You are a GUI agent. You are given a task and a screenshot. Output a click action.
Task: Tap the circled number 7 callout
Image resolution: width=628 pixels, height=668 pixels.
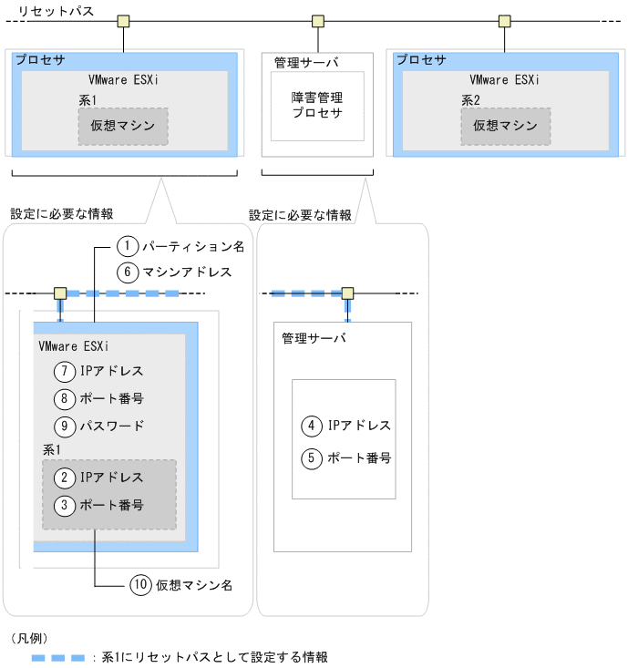tap(64, 372)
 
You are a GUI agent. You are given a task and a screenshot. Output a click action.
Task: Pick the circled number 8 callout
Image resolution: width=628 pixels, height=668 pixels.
tap(64, 398)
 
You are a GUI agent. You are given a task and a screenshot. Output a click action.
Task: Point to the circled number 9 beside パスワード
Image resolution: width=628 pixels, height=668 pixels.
tap(64, 426)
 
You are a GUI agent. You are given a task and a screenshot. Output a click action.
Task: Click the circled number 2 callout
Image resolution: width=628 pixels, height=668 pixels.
tap(64, 477)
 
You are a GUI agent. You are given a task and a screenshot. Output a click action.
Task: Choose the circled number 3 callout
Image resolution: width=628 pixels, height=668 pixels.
tap(64, 504)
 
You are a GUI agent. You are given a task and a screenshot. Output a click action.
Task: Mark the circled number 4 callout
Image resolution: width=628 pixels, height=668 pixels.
tap(312, 426)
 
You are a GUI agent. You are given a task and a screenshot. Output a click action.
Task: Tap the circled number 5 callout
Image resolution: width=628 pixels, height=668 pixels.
tap(312, 457)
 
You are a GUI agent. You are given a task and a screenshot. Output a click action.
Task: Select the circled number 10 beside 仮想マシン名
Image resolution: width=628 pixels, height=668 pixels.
tap(139, 585)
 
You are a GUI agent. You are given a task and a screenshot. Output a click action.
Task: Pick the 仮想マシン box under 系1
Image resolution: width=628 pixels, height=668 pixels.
tap(123, 127)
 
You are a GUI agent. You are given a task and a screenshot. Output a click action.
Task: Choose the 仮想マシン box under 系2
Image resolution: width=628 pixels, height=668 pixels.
tap(505, 127)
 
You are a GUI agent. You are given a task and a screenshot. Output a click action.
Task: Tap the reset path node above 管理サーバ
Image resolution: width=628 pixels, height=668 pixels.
tap(318, 21)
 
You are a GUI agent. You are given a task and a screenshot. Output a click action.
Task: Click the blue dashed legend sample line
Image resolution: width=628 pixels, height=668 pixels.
tap(57, 656)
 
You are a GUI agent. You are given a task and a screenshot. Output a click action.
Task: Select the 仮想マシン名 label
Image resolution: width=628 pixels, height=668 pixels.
tap(192, 585)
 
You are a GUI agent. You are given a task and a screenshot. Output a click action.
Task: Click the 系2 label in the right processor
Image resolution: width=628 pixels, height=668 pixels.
tap(471, 101)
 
